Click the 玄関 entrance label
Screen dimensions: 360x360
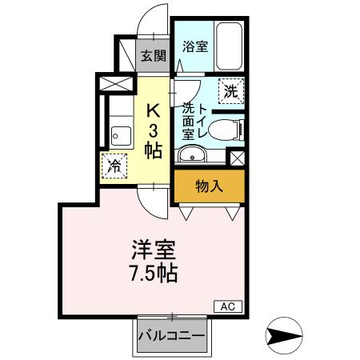pos(154,56)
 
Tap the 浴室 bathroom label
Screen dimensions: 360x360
pos(195,46)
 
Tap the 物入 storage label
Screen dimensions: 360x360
pos(209,186)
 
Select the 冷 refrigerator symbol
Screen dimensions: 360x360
pos(114,166)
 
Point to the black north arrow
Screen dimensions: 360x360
pos(286,333)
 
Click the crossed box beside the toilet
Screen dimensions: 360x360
pos(237,156)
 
